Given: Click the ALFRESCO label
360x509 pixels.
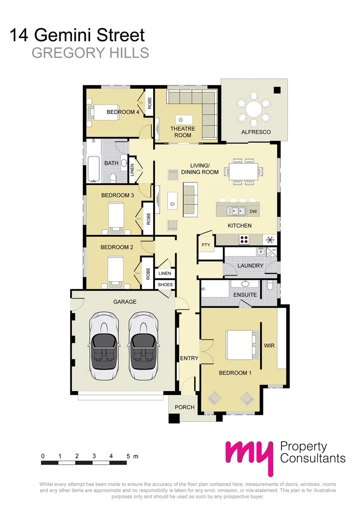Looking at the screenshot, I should pos(256,132).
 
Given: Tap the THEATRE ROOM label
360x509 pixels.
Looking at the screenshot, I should pos(183,132).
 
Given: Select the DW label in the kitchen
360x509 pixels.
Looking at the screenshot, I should pos(253,211).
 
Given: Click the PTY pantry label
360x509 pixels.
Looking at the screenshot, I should pos(206,245).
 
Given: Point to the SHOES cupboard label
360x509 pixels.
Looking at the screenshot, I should pos(165,285).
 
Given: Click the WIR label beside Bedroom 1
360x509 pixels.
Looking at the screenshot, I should pos(269,345).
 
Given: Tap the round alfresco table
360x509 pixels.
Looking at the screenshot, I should pos(254,110).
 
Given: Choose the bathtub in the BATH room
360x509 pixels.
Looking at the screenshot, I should pos(93,168).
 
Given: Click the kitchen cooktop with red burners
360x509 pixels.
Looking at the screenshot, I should pos(245,239).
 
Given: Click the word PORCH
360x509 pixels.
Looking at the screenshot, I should pos(185,407).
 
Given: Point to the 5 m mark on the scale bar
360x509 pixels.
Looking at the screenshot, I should pos(128,456).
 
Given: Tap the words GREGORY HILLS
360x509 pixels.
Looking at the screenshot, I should pos(90,53).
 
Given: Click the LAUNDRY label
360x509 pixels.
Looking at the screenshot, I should pos(250,265).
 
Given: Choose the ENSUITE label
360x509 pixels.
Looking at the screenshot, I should pos(245,295).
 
